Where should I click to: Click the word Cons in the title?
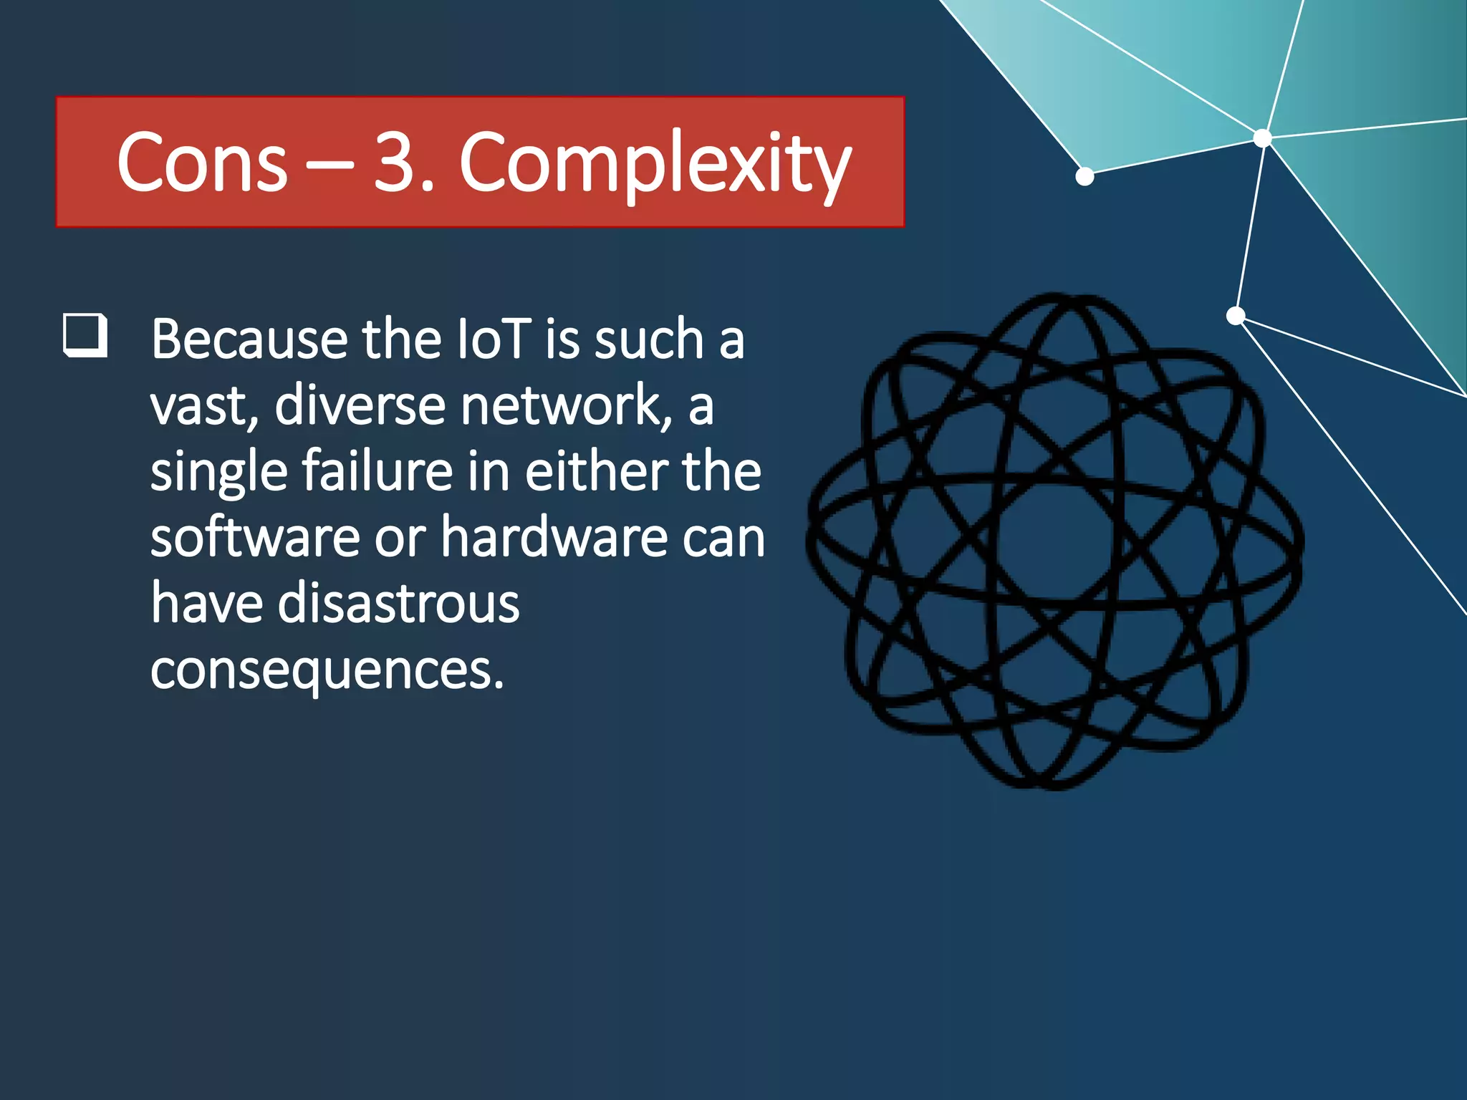click(x=202, y=163)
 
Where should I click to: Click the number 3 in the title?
click(x=396, y=163)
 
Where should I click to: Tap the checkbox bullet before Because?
click(x=85, y=334)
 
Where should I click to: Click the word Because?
click(x=249, y=339)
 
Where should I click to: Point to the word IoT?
click(x=494, y=339)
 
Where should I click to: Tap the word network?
click(x=566, y=405)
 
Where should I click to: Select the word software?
click(x=254, y=538)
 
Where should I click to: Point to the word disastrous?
click(x=398, y=604)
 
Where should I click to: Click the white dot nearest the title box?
click(x=1084, y=176)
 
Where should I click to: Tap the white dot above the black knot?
click(x=1236, y=315)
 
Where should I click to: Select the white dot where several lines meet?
click(x=1263, y=137)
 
